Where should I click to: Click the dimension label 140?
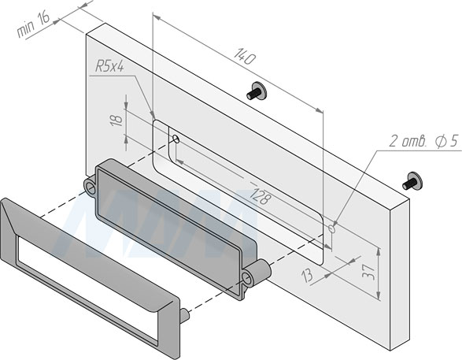point(245,56)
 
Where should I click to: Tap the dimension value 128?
point(260,196)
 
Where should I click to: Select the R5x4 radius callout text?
point(109,67)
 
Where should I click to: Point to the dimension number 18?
point(116,120)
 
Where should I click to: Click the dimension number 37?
point(368,272)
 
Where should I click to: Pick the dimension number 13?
point(307,276)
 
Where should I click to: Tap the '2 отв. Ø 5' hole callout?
point(424,141)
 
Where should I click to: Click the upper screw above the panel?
point(257,91)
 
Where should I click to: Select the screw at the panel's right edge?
point(412,181)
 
